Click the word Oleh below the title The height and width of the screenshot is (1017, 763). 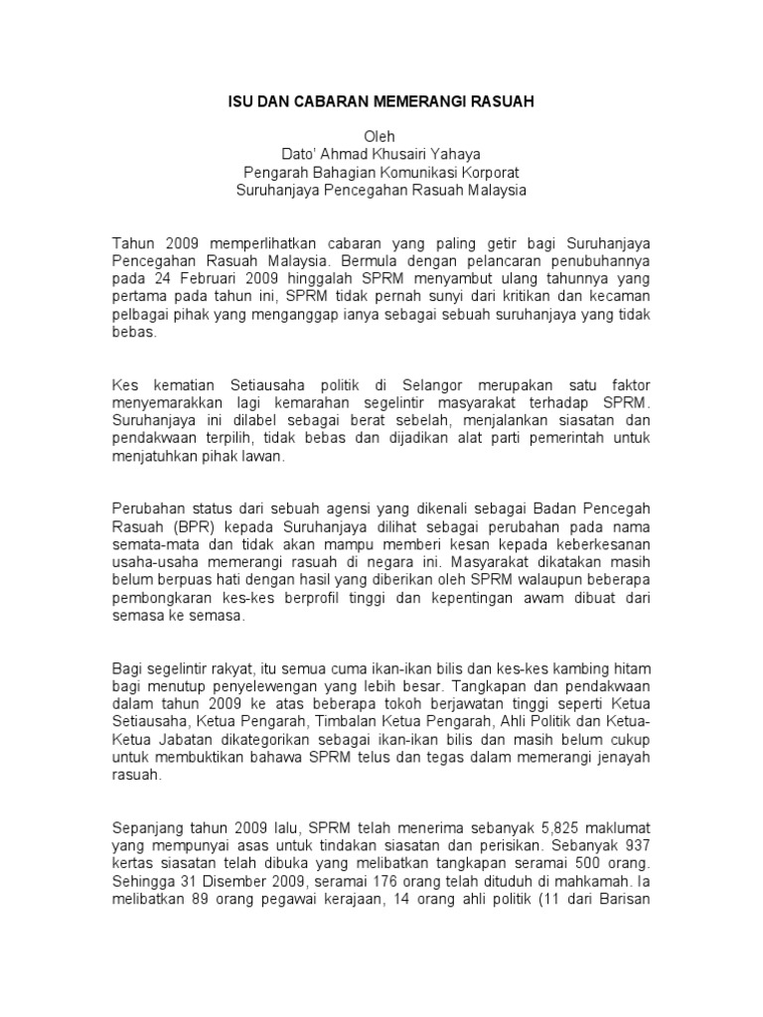pos(381,134)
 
